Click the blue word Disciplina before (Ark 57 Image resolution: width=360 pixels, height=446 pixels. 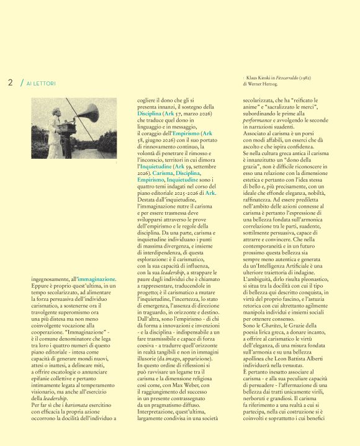150,114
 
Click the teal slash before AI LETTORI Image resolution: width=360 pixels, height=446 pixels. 21,83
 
